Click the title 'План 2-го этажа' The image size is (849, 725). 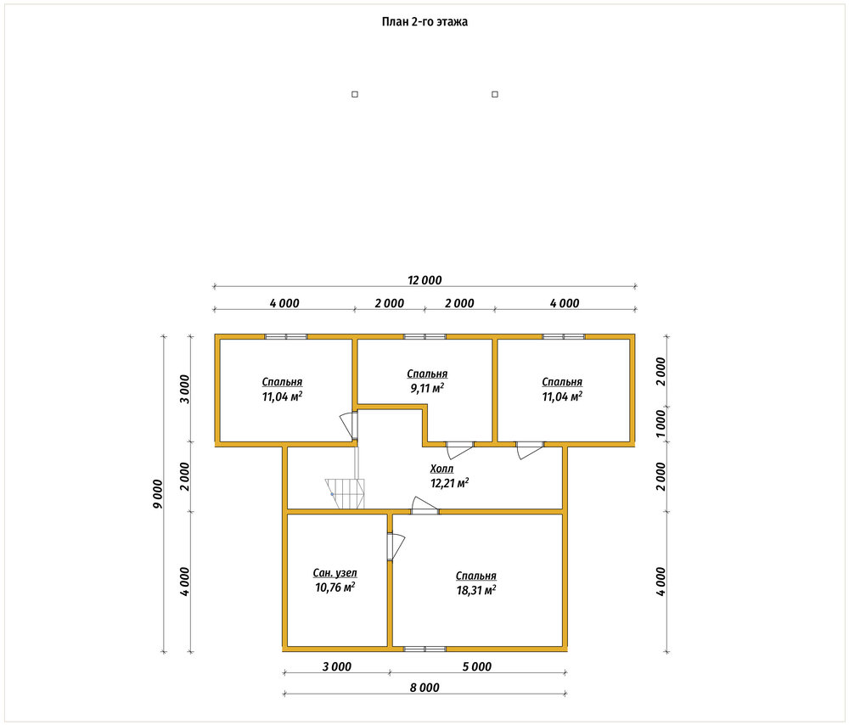(424, 22)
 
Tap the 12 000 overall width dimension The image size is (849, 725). (424, 280)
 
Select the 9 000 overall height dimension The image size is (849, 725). (158, 494)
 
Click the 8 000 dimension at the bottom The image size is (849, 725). (424, 688)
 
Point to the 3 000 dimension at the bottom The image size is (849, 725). (337, 666)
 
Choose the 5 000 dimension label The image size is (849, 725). (477, 666)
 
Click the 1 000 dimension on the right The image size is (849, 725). (661, 424)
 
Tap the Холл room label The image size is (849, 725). (441, 469)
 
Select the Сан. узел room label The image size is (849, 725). (335, 573)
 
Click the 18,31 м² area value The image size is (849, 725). (476, 590)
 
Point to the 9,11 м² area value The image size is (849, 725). (427, 388)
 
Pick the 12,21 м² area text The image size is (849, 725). (449, 482)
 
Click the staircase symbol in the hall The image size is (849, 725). (345, 493)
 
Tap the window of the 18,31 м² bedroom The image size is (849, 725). (425, 649)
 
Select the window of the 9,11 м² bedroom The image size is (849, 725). (425, 336)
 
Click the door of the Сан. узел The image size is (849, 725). (396, 547)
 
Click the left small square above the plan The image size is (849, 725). (355, 94)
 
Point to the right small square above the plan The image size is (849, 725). (494, 94)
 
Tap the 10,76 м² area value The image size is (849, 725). (335, 587)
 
